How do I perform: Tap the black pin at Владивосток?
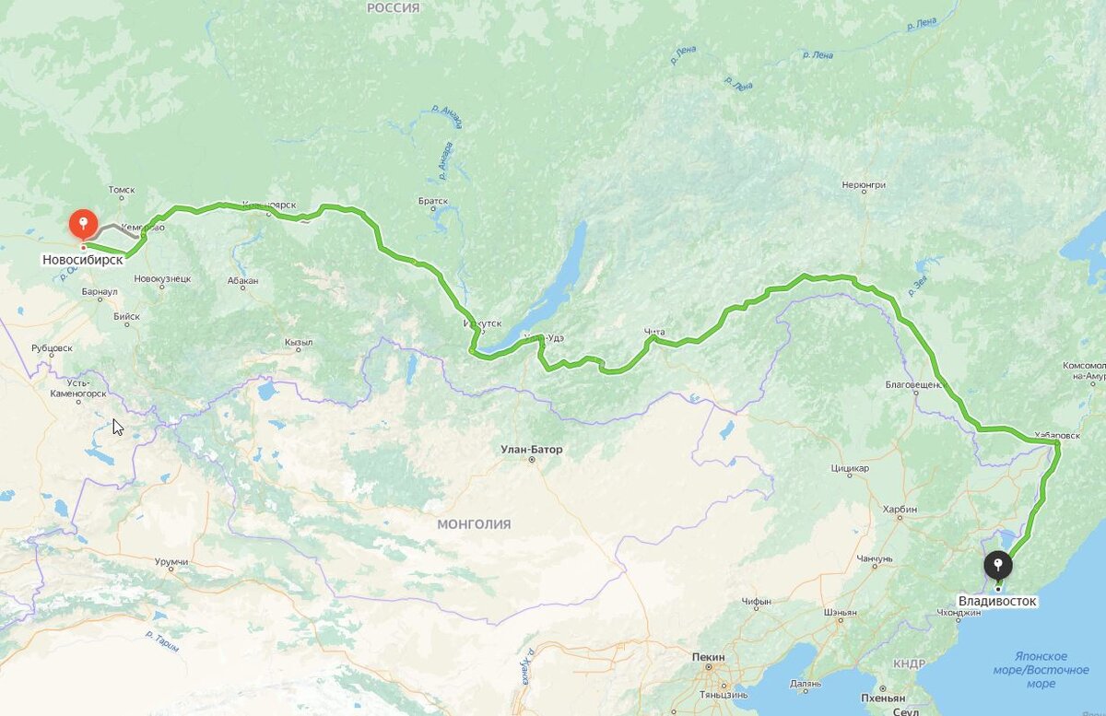coord(996,564)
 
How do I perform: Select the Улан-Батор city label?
coord(531,450)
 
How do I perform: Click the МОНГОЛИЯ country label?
coord(474,524)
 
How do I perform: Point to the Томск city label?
coord(121,191)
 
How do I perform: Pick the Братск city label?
coord(432,201)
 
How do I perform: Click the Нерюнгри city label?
coord(864,185)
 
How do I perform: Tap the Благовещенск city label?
coord(916,384)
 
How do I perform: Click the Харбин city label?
coord(900,509)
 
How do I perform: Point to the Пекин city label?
coord(708,657)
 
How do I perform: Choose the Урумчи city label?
coord(171,562)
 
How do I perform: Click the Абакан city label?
coord(242,281)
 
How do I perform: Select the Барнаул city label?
coord(100,292)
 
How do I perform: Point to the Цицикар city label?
coord(850,468)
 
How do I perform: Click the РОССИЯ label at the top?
coord(393,7)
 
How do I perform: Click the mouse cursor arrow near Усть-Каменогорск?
coord(117,427)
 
